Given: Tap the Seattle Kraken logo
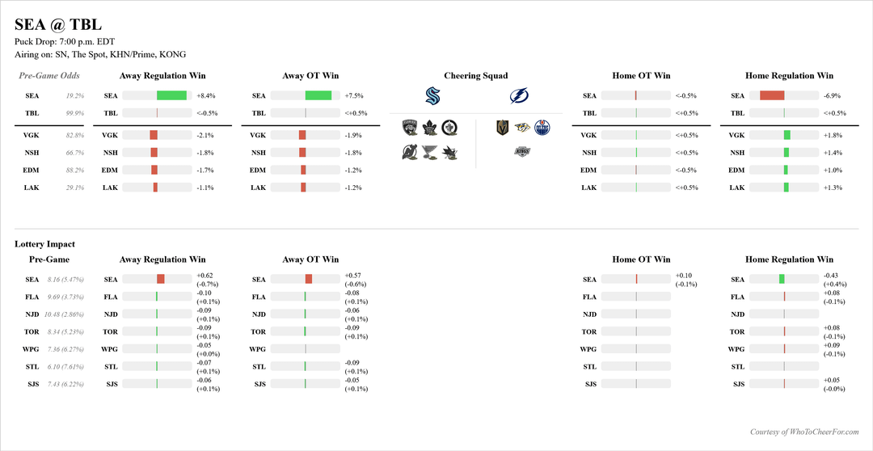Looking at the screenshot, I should point(432,96).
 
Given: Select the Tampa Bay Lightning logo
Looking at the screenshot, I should point(518,96).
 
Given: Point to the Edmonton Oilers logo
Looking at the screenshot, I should point(542,127).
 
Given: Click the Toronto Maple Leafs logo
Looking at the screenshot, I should point(428,127).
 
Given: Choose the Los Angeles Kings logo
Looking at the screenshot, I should point(522,151).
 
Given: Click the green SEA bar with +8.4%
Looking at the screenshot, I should point(171,95).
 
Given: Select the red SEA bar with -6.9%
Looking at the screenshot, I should point(772,95).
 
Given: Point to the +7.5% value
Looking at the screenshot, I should point(354,95).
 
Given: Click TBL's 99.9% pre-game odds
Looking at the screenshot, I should point(75,113).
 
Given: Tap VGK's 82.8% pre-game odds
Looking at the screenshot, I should point(75,135).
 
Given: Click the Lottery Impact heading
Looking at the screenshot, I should point(44,243).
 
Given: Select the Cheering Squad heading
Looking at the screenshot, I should point(476,76).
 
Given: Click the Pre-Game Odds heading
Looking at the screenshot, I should point(49,76).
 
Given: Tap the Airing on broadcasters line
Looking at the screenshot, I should point(100,55).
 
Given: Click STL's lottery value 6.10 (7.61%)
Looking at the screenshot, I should point(65,366).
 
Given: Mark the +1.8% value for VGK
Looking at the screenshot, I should point(833,135).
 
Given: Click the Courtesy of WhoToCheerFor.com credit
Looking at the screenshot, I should point(803,432).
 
